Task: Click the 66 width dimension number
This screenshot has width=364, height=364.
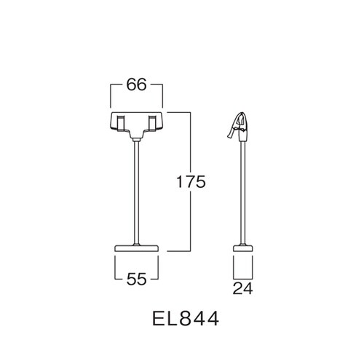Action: [137, 84]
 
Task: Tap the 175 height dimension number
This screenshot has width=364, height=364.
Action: [191, 182]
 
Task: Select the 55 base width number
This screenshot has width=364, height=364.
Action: [137, 279]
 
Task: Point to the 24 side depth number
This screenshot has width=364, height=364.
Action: [242, 288]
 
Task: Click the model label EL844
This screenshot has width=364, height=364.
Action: [186, 319]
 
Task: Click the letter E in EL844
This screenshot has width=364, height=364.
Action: [157, 319]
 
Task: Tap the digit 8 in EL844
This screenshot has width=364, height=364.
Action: [186, 319]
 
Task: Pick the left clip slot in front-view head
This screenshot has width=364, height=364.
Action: [121, 123]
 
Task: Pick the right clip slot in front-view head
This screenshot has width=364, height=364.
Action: [152, 123]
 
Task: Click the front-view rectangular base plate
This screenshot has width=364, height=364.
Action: [136, 248]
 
